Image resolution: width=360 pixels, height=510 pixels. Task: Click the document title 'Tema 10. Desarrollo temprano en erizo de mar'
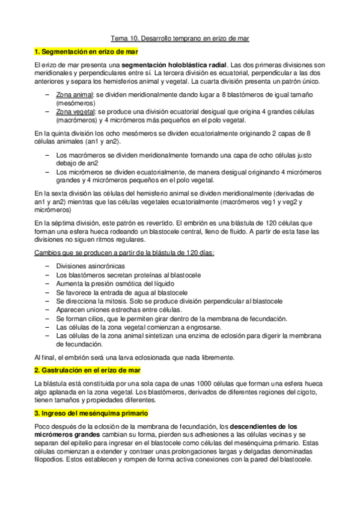tap(180, 38)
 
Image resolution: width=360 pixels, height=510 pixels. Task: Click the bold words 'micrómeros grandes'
tap(66, 435)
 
